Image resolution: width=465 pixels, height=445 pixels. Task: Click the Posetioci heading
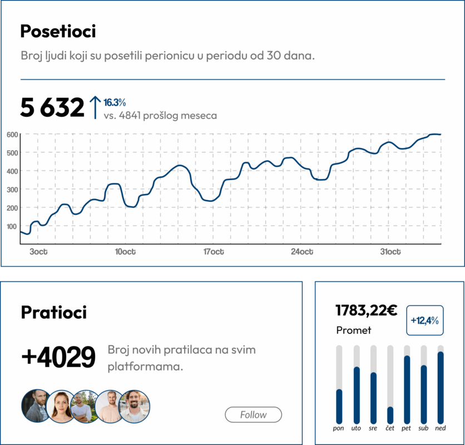point(58,32)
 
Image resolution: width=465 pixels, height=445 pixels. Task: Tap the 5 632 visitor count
point(52,107)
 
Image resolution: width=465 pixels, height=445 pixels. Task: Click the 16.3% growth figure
point(115,102)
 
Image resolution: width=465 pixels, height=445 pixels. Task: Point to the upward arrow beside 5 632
point(95,107)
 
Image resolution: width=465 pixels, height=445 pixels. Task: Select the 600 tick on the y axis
point(12,135)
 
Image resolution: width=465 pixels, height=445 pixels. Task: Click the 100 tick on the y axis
point(12,226)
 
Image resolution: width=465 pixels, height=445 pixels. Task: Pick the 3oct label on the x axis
point(38,252)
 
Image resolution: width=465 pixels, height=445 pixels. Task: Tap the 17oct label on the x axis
point(214,252)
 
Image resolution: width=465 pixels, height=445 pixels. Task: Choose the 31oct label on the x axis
point(390,252)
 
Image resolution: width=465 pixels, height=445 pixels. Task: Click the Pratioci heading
point(53,313)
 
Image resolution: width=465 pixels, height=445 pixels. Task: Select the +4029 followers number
point(58,357)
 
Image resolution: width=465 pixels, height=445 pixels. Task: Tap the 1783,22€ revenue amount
point(366,310)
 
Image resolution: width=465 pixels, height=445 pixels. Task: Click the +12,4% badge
point(425,320)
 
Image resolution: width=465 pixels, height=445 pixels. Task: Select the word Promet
point(354,330)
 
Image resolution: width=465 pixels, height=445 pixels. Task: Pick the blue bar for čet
point(390,415)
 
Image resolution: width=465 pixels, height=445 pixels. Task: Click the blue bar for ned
point(441,387)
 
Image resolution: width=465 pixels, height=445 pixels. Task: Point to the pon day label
point(339,428)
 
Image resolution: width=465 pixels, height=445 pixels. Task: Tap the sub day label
point(423,428)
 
